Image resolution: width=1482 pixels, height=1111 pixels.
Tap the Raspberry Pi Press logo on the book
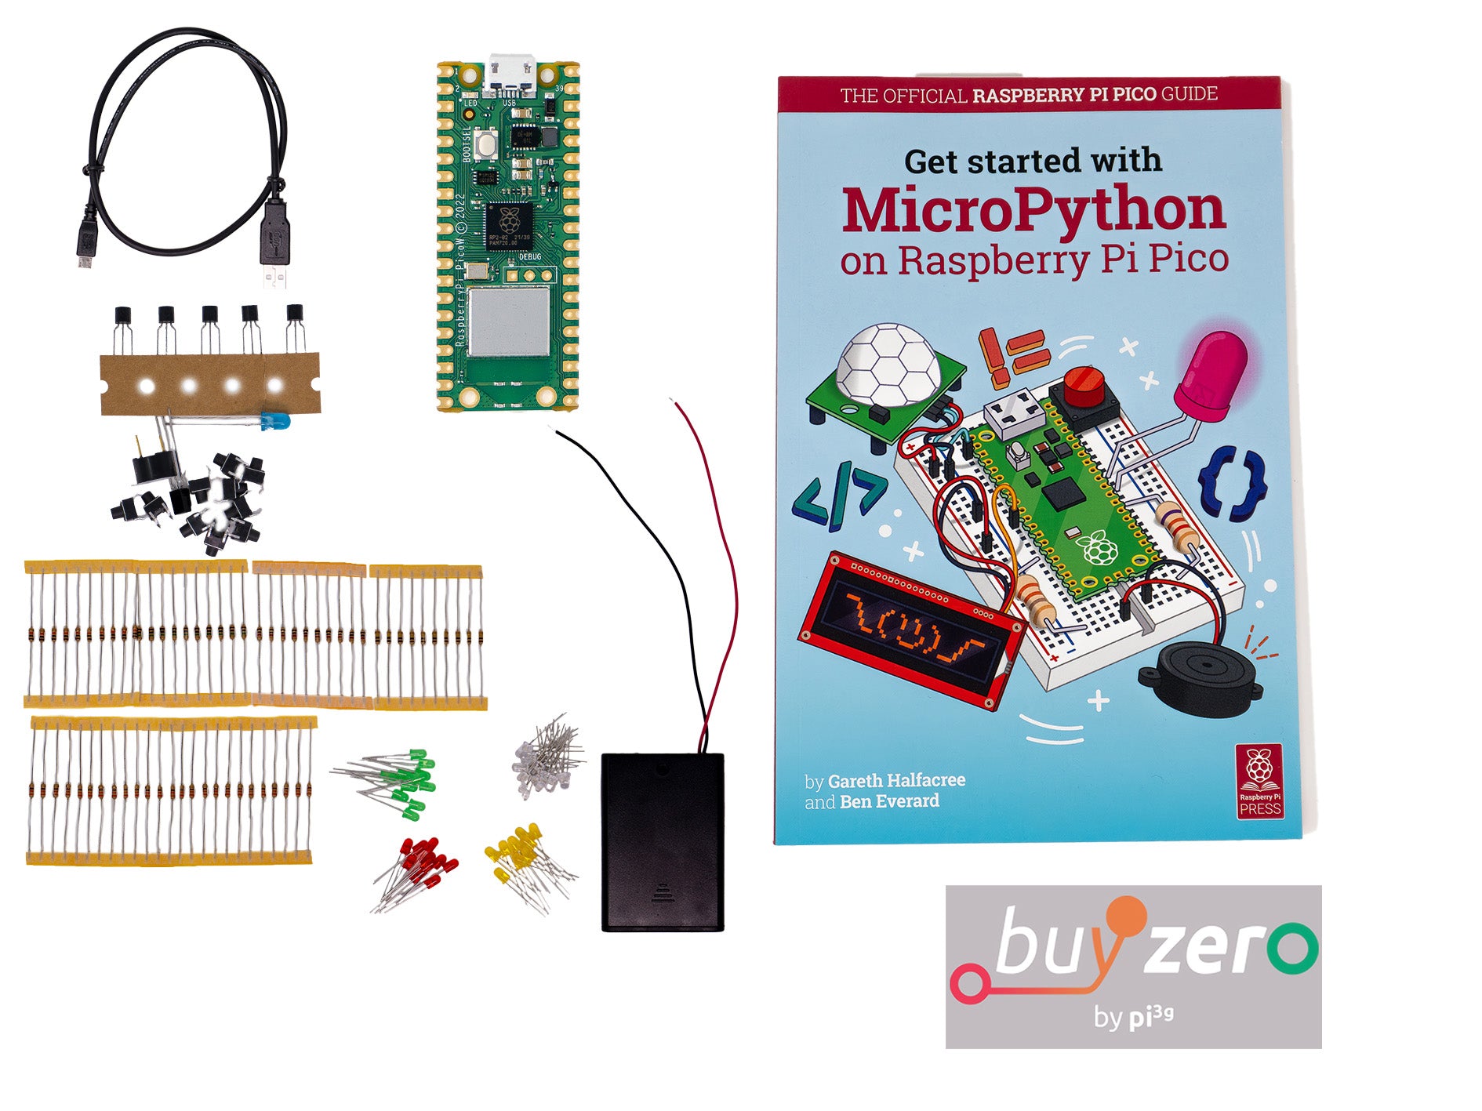tap(1259, 780)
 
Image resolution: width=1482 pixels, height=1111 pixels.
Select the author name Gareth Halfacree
tap(896, 781)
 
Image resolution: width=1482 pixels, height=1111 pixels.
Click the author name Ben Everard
tap(889, 801)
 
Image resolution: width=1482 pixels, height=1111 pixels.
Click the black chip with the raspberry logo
tap(510, 226)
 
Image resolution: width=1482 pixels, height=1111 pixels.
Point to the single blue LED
tap(275, 421)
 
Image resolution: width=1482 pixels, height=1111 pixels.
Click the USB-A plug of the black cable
tap(274, 235)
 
